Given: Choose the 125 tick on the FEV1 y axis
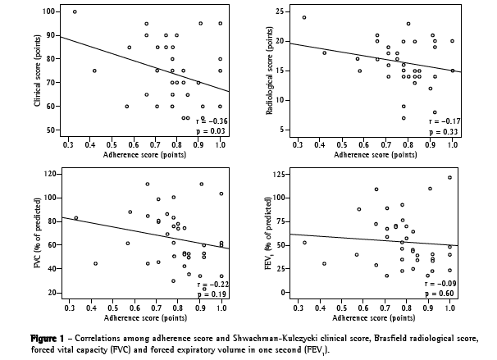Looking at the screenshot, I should click(x=281, y=174).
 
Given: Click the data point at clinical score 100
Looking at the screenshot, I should click(x=75, y=11).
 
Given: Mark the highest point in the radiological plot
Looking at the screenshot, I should click(x=303, y=17).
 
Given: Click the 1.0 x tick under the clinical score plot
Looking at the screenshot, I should click(x=220, y=143).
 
